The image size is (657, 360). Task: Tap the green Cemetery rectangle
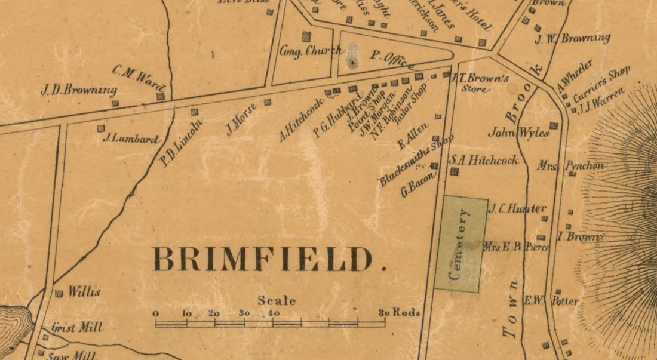460,244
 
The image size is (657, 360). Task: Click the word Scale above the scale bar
277,301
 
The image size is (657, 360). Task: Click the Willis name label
83,293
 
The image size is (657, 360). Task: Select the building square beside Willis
59,293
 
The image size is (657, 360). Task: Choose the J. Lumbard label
131,139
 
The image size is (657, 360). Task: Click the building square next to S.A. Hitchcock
454,172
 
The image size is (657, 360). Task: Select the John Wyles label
518,133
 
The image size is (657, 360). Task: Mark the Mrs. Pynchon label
570,165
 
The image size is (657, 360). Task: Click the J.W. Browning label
572,39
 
